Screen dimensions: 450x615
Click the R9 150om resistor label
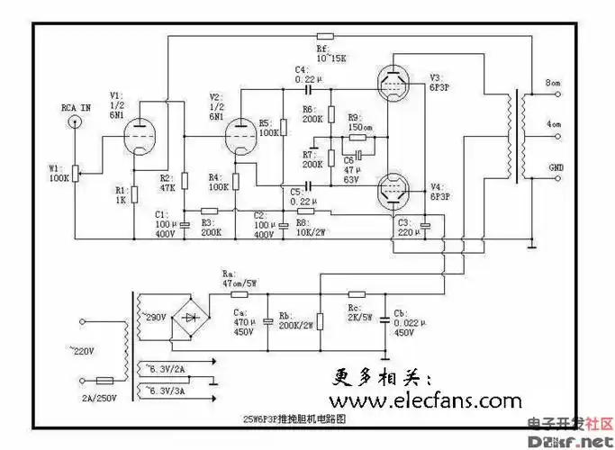[x=360, y=122]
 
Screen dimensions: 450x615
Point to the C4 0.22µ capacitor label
[x=303, y=75]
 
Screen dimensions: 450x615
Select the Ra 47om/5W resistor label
[x=238, y=278]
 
